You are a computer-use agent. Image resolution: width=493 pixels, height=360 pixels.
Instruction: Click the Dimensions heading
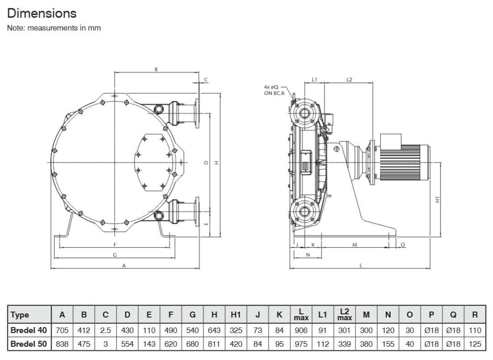pyautogui.click(x=42, y=13)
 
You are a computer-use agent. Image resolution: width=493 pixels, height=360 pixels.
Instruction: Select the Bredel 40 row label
pyautogui.click(x=29, y=330)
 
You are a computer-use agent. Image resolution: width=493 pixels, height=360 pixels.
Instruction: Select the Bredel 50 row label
pyautogui.click(x=29, y=344)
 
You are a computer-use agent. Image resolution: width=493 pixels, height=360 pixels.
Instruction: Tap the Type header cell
pyautogui.click(x=20, y=315)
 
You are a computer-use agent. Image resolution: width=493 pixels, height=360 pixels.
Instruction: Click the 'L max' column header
pyautogui.click(x=301, y=314)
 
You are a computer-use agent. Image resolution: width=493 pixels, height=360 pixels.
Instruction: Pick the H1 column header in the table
pyautogui.click(x=236, y=315)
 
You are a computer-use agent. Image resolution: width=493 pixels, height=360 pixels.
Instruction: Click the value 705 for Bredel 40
pyautogui.click(x=62, y=330)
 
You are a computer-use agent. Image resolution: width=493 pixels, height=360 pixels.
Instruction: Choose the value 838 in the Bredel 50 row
pyautogui.click(x=62, y=344)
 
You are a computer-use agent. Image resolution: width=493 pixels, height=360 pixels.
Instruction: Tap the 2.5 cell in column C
pyautogui.click(x=106, y=330)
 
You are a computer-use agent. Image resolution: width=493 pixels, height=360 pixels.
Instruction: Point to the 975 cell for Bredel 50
pyautogui.click(x=301, y=344)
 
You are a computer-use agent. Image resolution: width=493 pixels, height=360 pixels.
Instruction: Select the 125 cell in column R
pyautogui.click(x=475, y=344)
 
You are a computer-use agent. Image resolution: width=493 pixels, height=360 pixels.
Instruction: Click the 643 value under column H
pyautogui.click(x=214, y=330)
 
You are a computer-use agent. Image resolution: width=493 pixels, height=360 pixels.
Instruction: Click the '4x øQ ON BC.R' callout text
pyautogui.click(x=274, y=90)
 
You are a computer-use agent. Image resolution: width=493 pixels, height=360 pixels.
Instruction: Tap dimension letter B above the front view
pyautogui.click(x=156, y=69)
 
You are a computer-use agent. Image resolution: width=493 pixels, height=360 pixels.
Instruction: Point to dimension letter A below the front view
pyautogui.click(x=124, y=266)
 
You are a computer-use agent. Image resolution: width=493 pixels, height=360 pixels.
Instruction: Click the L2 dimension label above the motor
pyautogui.click(x=349, y=79)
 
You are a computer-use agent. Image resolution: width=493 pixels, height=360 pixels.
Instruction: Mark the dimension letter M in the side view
pyautogui.click(x=355, y=245)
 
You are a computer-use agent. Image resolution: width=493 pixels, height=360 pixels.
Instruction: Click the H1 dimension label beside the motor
pyautogui.click(x=437, y=200)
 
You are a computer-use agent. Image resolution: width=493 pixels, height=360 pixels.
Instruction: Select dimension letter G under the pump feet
pyautogui.click(x=115, y=255)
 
